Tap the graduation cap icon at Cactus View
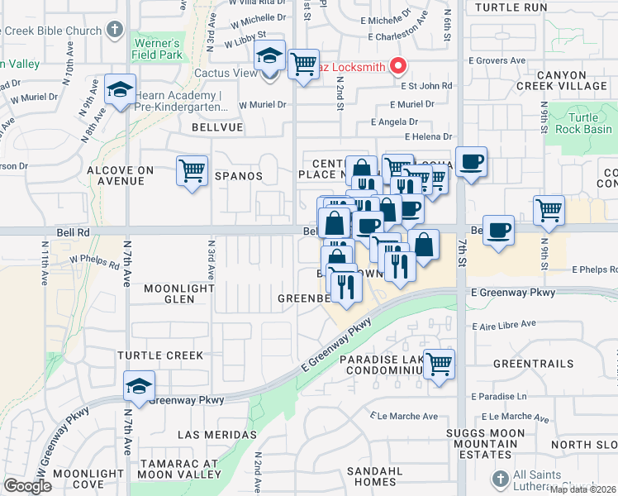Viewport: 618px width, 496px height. coord(269,57)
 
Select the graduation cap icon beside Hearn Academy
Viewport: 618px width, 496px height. coord(120,89)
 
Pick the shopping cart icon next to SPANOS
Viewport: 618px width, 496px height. coord(193,172)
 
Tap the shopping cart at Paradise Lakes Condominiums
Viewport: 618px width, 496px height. coord(440,364)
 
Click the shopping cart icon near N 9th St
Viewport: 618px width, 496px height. coord(549,211)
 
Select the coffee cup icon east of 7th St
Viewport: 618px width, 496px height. coord(498,231)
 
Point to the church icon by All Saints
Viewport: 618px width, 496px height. coord(499,479)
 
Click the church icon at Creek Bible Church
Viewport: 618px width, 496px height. coord(114,31)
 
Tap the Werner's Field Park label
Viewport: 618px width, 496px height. coord(155,49)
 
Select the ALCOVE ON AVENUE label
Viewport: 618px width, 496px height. coord(121,175)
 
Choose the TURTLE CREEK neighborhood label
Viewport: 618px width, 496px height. coord(159,355)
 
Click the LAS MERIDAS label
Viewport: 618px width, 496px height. coord(216,434)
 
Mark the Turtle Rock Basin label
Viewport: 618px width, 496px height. coord(584,123)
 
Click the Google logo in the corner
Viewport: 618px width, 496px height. coord(28,486)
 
